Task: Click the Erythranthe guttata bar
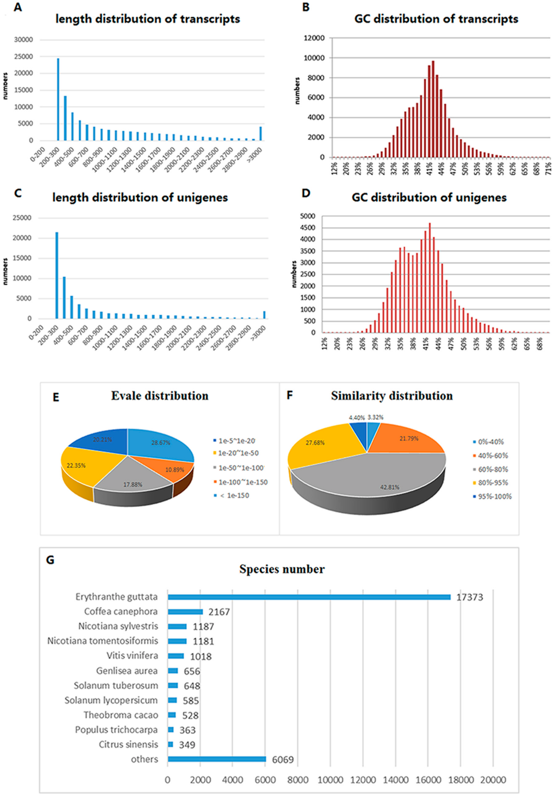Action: pyautogui.click(x=309, y=597)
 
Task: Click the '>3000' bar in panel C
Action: pyautogui.click(x=264, y=314)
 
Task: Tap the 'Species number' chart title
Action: pyautogui.click(x=282, y=569)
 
